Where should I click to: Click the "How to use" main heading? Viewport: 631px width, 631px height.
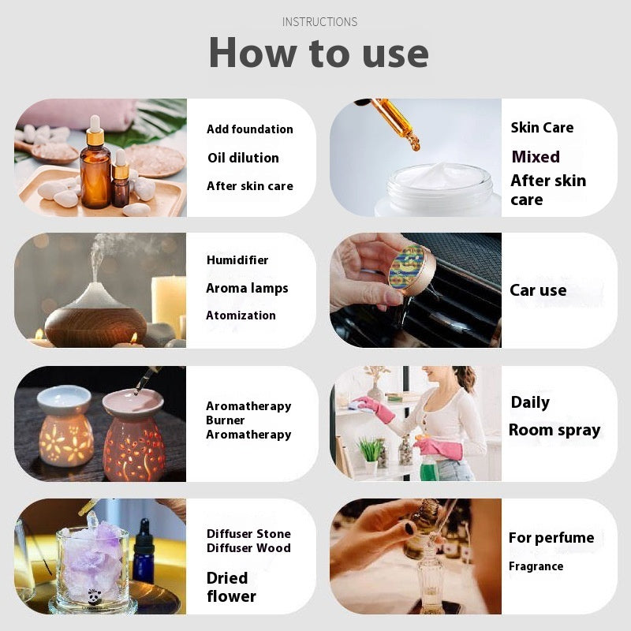pyautogui.click(x=319, y=53)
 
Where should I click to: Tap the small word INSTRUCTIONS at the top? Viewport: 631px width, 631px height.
pyautogui.click(x=319, y=22)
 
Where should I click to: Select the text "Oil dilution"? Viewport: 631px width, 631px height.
pyautogui.click(x=243, y=158)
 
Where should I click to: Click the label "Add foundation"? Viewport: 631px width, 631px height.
pyautogui.click(x=249, y=129)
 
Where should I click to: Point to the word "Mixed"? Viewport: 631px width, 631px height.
pyautogui.click(x=536, y=157)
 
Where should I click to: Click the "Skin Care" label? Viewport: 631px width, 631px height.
pyautogui.click(x=542, y=128)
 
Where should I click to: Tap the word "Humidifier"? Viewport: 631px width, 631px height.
pyautogui.click(x=237, y=260)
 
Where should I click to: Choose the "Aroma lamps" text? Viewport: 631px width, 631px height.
pyautogui.click(x=247, y=289)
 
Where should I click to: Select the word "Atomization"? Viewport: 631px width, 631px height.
pyautogui.click(x=241, y=315)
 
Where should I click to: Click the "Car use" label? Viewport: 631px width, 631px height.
pyautogui.click(x=538, y=290)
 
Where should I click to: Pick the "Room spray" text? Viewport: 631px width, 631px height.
pyautogui.click(x=554, y=430)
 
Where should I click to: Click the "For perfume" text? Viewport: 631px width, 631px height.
pyautogui.click(x=551, y=538)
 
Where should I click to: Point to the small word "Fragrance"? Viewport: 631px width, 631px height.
pyautogui.click(x=536, y=566)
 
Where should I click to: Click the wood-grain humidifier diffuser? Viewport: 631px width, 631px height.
pyautogui.click(x=95, y=315)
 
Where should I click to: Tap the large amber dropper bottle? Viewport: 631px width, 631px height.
pyautogui.click(x=95, y=170)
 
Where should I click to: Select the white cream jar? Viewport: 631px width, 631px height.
pyautogui.click(x=436, y=189)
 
